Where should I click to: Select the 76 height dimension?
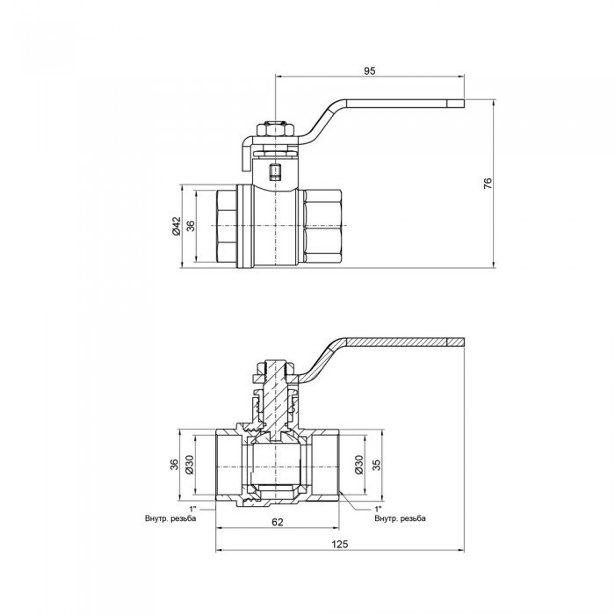(x=488, y=183)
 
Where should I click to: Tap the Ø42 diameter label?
(x=176, y=226)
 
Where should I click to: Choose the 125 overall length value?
(x=340, y=545)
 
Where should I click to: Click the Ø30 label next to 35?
(x=359, y=465)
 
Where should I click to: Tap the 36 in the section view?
(x=172, y=465)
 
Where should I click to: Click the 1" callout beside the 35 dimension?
(x=379, y=509)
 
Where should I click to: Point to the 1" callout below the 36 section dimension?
(x=191, y=509)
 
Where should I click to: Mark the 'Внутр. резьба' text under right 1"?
(x=400, y=518)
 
